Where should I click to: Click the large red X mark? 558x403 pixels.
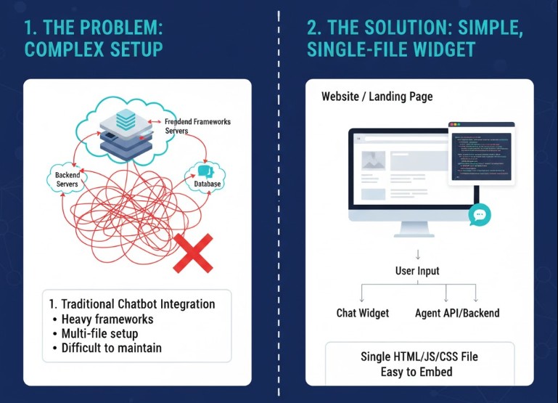point(192,253)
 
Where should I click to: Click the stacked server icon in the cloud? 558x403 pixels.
point(126,131)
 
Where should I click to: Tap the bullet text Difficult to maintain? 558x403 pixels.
point(112,348)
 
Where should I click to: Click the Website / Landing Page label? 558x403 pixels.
point(377,96)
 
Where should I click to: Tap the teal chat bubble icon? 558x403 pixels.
point(480,214)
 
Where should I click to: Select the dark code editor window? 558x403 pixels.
point(481,153)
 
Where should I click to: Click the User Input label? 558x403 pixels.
point(417,271)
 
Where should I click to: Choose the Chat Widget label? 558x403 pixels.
point(362,313)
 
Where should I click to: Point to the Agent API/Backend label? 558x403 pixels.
point(457,313)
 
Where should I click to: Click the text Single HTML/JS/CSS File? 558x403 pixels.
point(419,357)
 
